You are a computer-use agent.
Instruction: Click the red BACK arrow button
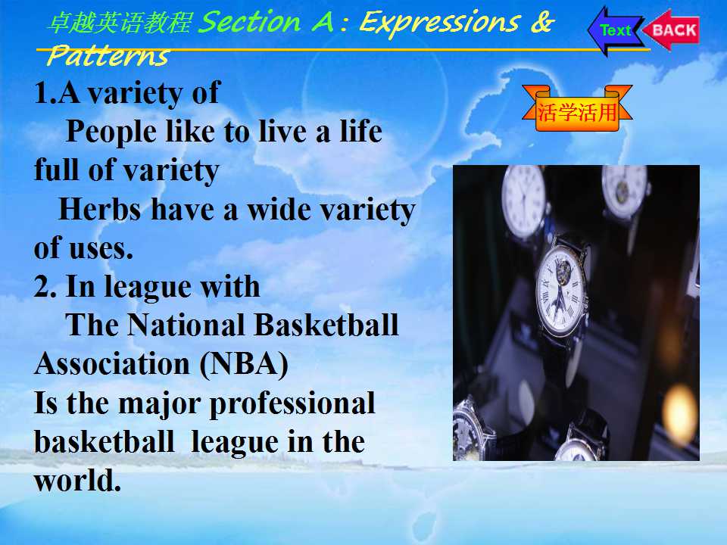point(672,30)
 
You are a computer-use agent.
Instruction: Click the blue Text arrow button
point(614,30)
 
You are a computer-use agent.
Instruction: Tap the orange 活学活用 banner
point(577,109)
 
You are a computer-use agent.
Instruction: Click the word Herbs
point(100,210)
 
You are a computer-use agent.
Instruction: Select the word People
point(111,132)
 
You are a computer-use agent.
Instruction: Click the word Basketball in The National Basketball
point(326,325)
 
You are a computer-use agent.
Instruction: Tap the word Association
point(112,363)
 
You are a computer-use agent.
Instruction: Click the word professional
point(292,404)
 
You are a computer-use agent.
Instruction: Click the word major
point(159,404)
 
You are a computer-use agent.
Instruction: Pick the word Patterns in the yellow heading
point(108,56)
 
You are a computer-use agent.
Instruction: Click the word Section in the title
point(250,22)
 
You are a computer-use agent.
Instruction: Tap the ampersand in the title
point(542,21)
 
